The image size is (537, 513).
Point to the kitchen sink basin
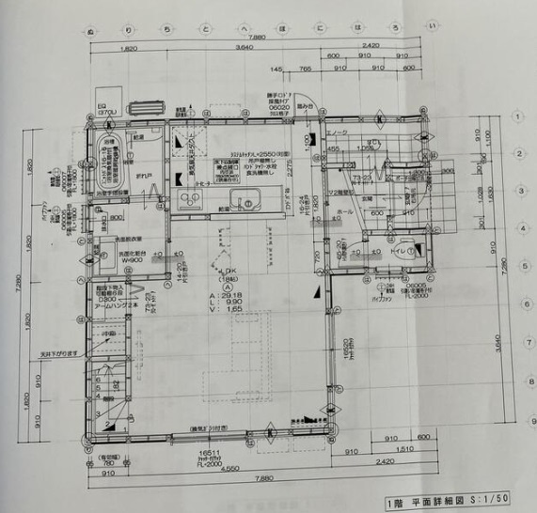[245, 200]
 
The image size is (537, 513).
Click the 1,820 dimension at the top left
[130, 46]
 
